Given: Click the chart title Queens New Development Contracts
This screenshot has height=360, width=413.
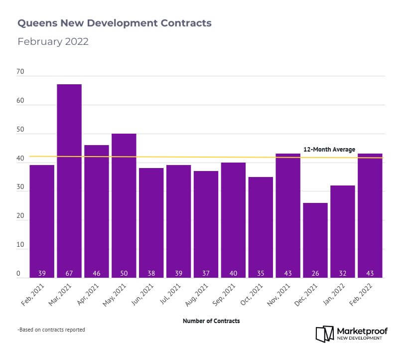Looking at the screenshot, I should (x=114, y=23).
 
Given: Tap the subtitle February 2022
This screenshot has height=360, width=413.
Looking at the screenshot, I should (x=53, y=41).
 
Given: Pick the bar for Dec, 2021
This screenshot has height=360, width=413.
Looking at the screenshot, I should (x=315, y=240).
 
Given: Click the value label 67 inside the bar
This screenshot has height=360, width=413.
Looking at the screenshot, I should (x=69, y=274).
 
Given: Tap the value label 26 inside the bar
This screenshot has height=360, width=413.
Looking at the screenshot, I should (x=315, y=274).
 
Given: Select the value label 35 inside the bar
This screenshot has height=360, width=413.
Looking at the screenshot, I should (x=261, y=274).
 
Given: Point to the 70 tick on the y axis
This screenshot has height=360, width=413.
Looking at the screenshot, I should (x=20, y=72).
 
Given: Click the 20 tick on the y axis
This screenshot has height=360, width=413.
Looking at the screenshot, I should (x=20, y=216).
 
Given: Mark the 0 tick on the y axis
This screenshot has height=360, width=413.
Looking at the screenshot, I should (x=18, y=274).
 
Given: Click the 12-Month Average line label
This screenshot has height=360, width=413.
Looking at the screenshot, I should (x=329, y=150).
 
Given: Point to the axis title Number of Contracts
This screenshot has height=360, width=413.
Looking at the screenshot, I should (x=211, y=321).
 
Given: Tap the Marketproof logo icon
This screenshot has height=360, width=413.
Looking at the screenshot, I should (x=325, y=334).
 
